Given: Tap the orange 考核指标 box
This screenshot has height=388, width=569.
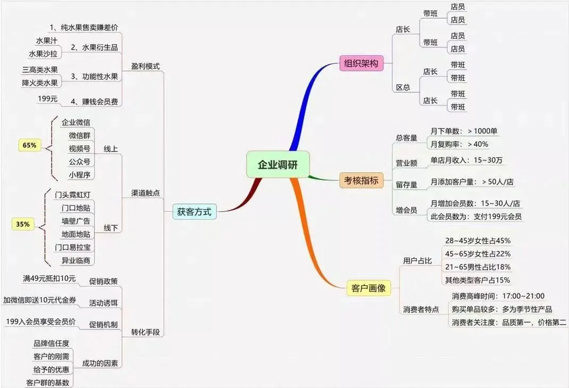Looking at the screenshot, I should (x=360, y=181).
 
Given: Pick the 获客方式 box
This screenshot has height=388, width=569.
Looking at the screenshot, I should (x=194, y=212).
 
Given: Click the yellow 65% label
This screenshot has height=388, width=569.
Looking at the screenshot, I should (x=29, y=145).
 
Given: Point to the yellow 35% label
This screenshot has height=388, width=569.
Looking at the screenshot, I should (x=23, y=225).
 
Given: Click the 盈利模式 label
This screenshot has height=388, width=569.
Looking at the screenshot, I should (x=145, y=67).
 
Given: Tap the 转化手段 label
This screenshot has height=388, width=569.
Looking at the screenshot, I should (x=145, y=333).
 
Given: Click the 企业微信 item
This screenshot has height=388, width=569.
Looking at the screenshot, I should (x=76, y=122).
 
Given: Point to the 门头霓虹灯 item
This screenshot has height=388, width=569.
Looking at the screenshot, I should (x=73, y=194).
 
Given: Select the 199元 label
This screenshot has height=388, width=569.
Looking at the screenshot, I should (x=47, y=98).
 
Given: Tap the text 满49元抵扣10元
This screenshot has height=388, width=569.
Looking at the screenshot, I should (x=49, y=278).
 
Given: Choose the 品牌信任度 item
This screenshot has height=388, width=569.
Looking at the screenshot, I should (x=51, y=343).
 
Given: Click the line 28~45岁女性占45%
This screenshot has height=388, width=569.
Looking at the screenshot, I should (x=478, y=241).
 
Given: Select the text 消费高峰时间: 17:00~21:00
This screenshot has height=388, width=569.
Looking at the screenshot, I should (x=498, y=296).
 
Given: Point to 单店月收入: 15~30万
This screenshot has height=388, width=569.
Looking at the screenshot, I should (x=467, y=160).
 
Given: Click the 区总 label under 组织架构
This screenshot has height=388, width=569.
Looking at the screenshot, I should (x=403, y=87).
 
